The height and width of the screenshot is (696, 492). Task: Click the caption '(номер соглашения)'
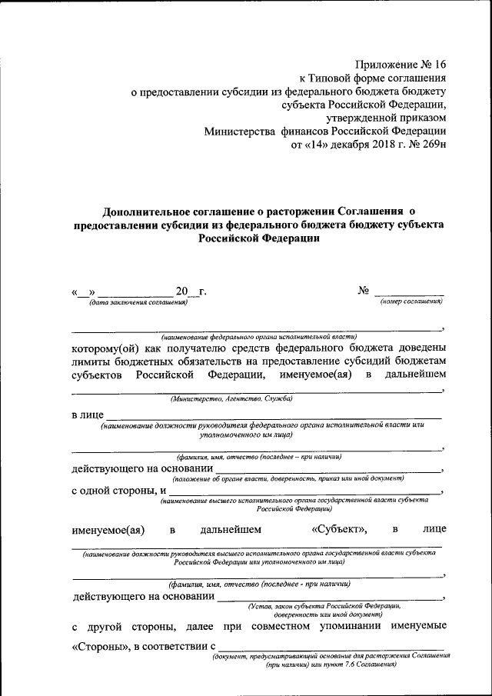pyautogui.click(x=411, y=303)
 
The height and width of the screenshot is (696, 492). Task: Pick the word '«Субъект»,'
pyautogui.click(x=340, y=529)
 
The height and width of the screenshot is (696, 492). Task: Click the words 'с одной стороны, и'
pyautogui.click(x=119, y=489)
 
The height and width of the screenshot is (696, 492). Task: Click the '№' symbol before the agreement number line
pyautogui.click(x=364, y=291)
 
